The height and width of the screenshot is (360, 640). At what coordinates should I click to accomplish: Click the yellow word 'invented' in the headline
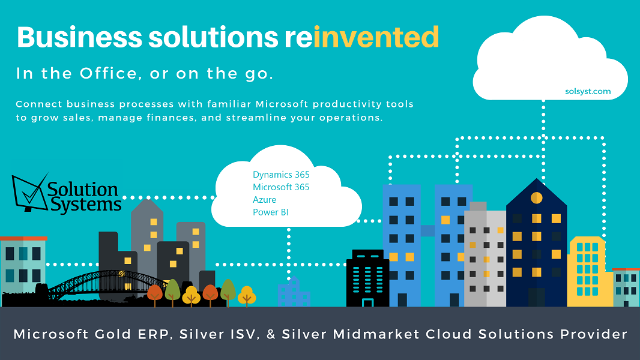point(376,37)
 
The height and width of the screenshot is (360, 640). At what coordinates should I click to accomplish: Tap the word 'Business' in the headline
point(80,37)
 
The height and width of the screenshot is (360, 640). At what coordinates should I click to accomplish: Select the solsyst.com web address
point(588,91)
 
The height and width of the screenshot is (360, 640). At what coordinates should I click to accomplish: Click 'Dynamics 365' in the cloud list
point(281,175)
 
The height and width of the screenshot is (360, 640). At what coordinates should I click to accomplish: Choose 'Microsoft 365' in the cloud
point(281,187)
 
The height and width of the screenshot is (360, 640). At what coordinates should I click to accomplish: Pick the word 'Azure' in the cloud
point(265,200)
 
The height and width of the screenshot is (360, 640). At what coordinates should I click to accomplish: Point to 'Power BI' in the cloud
point(271,212)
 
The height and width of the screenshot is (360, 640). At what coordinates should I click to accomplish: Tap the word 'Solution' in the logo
point(82,190)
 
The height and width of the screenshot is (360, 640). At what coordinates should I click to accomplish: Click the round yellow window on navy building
point(536,198)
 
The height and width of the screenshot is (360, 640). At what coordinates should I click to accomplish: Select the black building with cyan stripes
point(367,278)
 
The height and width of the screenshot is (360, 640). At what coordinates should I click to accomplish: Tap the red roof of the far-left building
point(23,238)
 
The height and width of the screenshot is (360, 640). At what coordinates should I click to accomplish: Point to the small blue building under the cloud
point(294,292)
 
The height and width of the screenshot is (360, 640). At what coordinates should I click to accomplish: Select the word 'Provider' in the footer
point(593,334)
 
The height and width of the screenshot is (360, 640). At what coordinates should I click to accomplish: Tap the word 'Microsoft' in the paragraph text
point(282,104)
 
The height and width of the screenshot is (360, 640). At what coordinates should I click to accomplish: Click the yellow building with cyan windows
point(590,272)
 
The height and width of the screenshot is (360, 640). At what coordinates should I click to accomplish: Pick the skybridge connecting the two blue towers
point(427,231)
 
